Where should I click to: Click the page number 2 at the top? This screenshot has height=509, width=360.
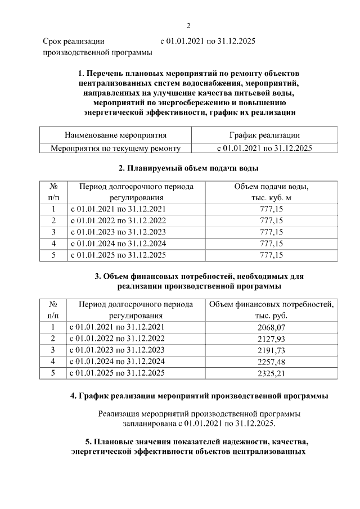pos(188,25)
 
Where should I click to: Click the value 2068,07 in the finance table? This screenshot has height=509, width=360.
pos(271,327)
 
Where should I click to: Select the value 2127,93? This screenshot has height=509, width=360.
pos(271,338)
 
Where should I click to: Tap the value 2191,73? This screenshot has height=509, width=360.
pos(271,350)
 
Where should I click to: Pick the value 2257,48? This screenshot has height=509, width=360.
pos(271,361)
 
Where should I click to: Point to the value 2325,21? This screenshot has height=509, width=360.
pos(271,373)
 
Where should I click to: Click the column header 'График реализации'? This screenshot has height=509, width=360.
pos(264,135)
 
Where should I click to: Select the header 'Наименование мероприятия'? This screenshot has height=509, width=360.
pos(115,135)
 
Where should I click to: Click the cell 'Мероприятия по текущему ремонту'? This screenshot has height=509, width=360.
pos(115,148)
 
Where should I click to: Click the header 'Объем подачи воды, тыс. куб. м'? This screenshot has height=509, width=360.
pos(271,192)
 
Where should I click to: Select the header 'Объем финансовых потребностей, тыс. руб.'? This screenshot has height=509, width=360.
pos(271,310)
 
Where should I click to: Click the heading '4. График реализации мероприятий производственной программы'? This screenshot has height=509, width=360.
pos(199,396)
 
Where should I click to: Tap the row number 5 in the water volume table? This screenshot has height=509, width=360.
pos(53,255)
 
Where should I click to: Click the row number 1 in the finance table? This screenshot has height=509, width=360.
pos(53,327)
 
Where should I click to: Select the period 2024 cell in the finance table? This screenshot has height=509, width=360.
pos(117,361)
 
